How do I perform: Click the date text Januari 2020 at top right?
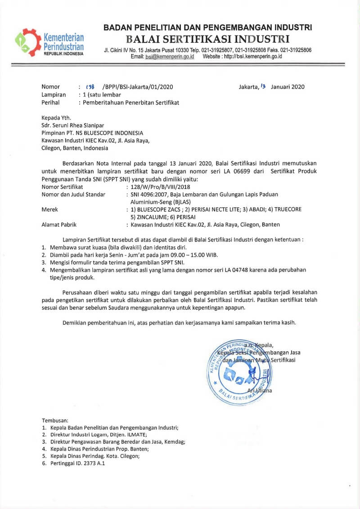coord(288,87)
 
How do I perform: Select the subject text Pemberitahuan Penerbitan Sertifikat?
coord(130,103)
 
